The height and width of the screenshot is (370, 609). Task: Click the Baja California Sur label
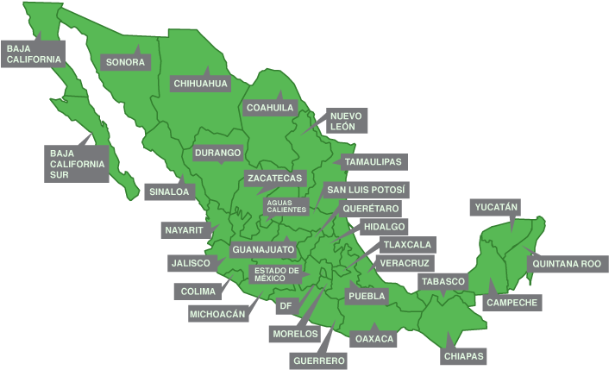[77, 164]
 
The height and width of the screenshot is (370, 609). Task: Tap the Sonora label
[125, 62]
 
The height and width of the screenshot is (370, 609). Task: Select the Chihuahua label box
[200, 84]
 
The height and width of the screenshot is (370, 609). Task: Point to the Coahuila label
[270, 108]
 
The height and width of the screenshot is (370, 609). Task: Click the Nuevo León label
[342, 121]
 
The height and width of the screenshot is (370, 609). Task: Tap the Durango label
[217, 154]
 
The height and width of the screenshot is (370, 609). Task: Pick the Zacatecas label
[274, 178]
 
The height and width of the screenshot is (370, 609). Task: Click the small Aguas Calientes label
[286, 207]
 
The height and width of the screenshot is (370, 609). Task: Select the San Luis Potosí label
[366, 189]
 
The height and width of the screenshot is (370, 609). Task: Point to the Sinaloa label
[168, 191]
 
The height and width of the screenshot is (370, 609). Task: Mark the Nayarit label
[184, 230]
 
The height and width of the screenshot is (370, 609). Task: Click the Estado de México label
[276, 274]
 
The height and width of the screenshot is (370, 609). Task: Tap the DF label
[286, 305]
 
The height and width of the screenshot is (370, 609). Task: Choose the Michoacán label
[218, 314]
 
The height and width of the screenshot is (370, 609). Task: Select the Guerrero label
[318, 360]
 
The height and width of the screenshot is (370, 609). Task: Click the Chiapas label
[464, 355]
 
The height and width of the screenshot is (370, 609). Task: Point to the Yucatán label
[496, 207]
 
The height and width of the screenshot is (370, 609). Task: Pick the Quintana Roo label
[566, 263]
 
